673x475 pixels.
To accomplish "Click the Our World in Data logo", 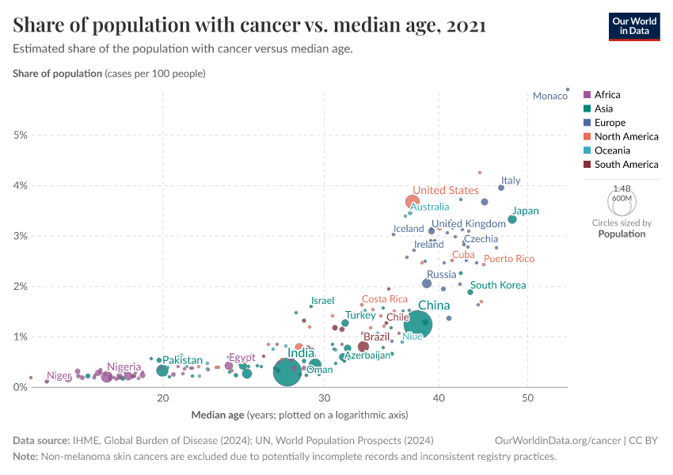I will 633,25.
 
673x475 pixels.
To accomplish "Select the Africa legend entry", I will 607,95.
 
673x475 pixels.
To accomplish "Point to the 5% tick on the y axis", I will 20,135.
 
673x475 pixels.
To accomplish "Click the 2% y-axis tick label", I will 20,287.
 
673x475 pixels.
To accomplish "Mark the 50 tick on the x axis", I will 528,397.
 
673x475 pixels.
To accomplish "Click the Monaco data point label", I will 549,97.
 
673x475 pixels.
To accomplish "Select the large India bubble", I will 287,370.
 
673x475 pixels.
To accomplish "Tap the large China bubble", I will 417,323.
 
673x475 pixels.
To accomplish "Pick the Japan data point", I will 512,219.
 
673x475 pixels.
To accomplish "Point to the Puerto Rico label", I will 509,259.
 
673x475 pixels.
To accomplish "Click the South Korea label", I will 498,285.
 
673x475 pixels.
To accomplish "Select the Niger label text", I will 59,376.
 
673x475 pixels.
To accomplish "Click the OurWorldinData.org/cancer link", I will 547,440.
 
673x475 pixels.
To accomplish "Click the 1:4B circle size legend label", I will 622,189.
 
